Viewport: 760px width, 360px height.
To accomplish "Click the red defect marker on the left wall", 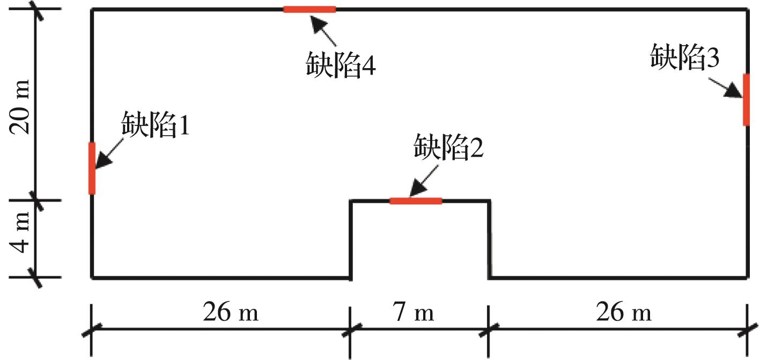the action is [92, 168].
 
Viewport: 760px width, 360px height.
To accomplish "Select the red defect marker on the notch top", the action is [416, 201].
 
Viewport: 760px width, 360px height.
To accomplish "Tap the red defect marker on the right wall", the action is [746, 100].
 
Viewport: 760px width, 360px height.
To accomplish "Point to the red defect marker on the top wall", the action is [310, 9].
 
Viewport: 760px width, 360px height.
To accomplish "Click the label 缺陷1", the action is [156, 125].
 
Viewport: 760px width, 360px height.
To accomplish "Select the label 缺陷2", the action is [448, 147].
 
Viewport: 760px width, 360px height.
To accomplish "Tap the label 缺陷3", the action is [685, 57].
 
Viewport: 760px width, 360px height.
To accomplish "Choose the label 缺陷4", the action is [341, 64].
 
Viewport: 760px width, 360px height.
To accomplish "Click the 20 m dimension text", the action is [19, 107].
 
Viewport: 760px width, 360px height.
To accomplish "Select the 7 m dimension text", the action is [413, 312].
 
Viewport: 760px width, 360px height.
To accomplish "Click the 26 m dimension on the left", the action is [231, 312].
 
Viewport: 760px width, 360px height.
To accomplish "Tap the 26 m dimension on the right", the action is [624, 312].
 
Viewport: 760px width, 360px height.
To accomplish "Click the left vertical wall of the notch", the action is [351, 240].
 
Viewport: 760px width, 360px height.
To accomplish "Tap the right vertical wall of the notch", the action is [489, 240].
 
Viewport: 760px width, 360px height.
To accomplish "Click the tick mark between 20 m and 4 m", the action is [35, 201].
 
